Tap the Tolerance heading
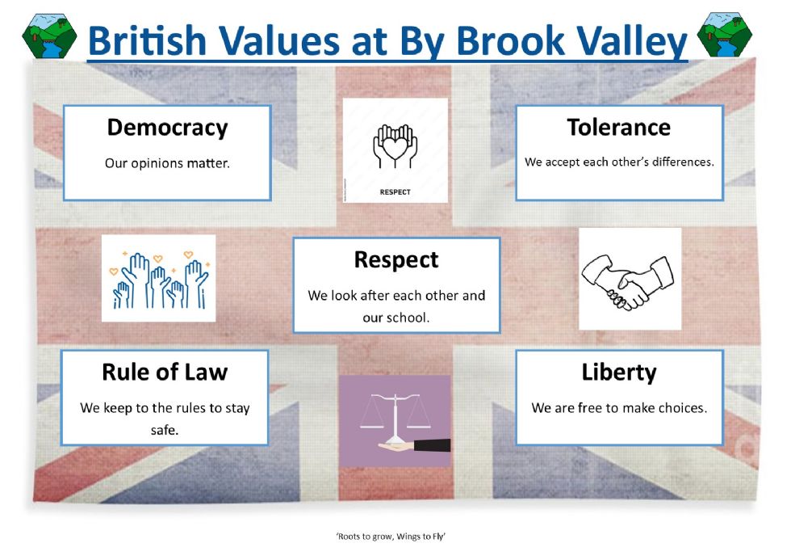point(619,127)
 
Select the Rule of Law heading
point(165,373)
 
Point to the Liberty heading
point(619,373)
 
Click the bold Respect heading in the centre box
point(396,260)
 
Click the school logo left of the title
point(49,36)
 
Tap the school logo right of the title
point(725,34)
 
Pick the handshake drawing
point(628,280)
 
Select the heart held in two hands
point(395,146)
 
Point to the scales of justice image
point(395,421)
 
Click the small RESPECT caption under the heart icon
point(395,192)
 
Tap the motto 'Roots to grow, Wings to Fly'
point(391,537)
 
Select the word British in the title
point(147,40)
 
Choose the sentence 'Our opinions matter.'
point(167,163)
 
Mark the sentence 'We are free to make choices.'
point(619,408)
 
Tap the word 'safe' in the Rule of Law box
point(165,430)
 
